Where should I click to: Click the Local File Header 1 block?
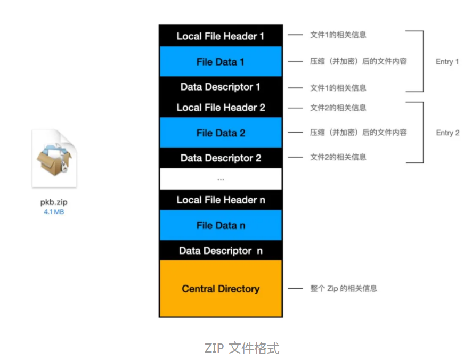[x=221, y=36]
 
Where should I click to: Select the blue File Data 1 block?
[x=221, y=62]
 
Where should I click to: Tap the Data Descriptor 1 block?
[x=221, y=87]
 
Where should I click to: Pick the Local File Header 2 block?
[x=221, y=108]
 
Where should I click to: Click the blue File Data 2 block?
[x=221, y=133]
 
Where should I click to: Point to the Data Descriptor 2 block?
[x=221, y=158]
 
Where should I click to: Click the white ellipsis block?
[x=221, y=179]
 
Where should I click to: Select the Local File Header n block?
[x=221, y=200]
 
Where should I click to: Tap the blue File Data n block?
[x=221, y=225]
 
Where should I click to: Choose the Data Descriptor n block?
[x=221, y=251]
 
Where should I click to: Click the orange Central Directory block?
[x=221, y=289]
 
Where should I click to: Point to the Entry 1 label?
[x=447, y=62]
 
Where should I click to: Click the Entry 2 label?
[x=447, y=133]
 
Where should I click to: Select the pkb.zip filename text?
[x=54, y=202]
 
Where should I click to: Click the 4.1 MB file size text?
[x=54, y=211]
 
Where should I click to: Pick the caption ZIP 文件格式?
[x=242, y=349]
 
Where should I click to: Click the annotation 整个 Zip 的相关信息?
[x=344, y=289]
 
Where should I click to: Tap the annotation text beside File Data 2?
[x=359, y=133]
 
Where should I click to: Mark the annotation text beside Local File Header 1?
[x=338, y=35]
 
